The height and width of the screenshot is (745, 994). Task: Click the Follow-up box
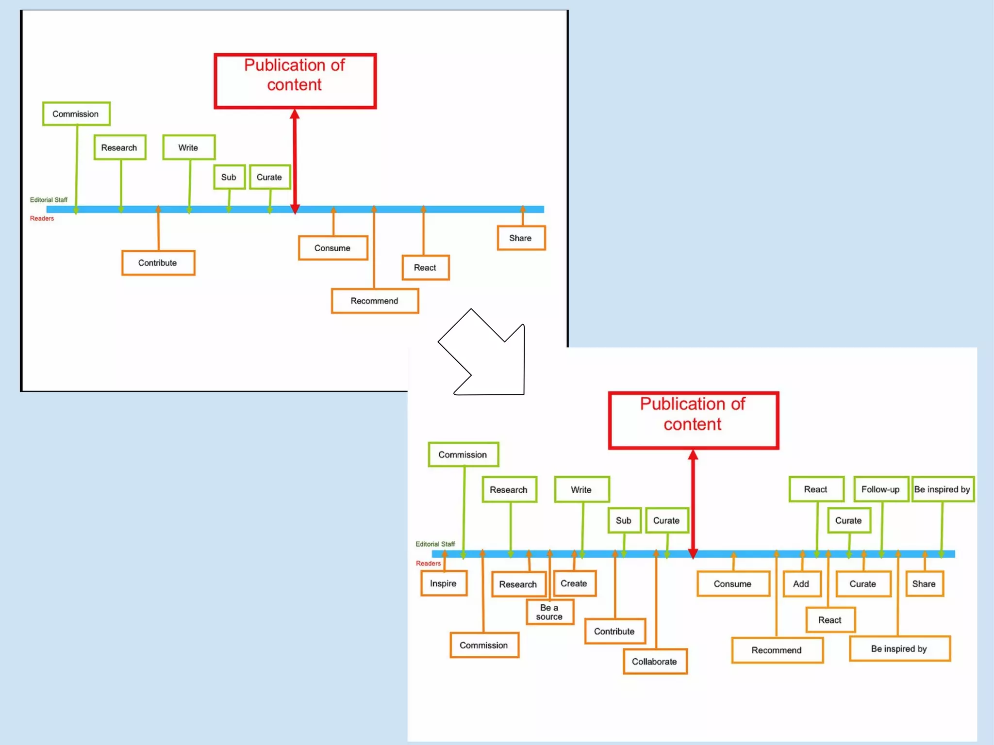(x=880, y=489)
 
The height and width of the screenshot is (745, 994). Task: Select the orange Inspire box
(x=444, y=583)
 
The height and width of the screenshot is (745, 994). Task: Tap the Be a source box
(x=549, y=612)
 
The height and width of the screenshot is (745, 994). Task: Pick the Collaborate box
(x=655, y=662)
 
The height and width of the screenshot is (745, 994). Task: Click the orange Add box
(x=801, y=584)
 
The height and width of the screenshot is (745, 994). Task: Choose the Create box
(x=574, y=583)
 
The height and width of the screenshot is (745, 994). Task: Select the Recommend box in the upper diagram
(x=375, y=301)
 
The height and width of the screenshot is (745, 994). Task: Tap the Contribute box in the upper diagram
(x=158, y=263)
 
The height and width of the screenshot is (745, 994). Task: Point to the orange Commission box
(x=484, y=645)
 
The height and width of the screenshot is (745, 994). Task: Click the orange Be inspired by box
(x=899, y=649)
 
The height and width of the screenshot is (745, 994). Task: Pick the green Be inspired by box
(x=942, y=489)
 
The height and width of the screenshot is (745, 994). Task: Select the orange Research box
(x=518, y=584)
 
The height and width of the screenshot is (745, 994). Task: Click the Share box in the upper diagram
(x=521, y=238)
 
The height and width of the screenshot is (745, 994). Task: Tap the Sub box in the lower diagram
(x=624, y=520)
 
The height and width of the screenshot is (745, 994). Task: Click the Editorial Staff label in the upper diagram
(x=49, y=200)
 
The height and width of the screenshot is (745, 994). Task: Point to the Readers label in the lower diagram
(x=428, y=564)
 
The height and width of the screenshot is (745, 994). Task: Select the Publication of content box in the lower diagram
(x=693, y=420)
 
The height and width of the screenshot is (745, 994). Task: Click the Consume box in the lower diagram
(x=733, y=584)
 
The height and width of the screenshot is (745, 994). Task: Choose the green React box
(x=816, y=489)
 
